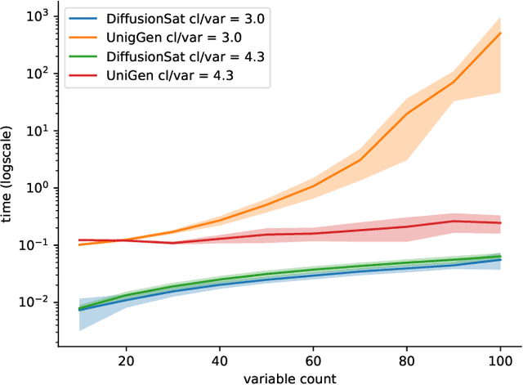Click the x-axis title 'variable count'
[x=288, y=377]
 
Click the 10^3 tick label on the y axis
[x=39, y=16]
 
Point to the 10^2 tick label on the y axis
[x=39, y=73]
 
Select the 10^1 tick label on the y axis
[x=39, y=130]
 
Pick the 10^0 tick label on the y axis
[x=39, y=187]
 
